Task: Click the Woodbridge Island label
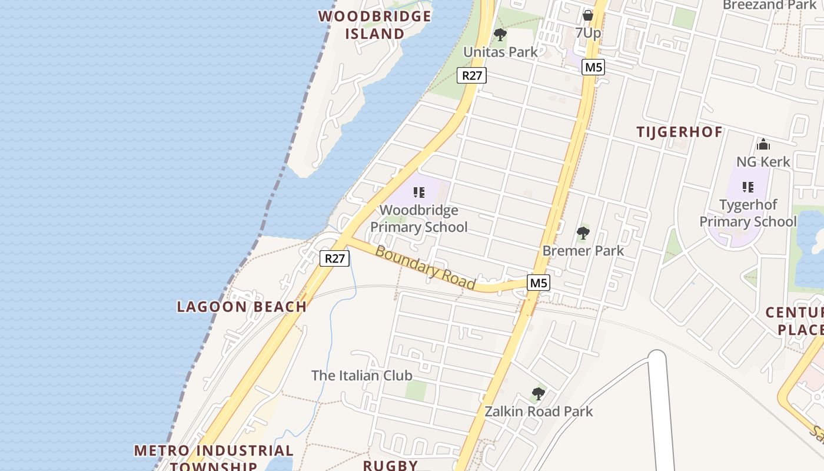coord(375,25)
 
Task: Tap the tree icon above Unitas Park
coord(500,35)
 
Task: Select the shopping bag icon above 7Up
coord(587,15)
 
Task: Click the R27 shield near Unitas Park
coord(472,75)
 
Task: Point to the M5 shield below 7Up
coord(593,67)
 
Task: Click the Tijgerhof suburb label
coord(679,132)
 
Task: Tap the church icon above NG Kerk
coord(763,144)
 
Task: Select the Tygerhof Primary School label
coord(748,213)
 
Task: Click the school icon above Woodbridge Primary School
coord(419,193)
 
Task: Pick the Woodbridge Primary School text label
coord(419,218)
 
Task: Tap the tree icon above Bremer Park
coord(583,233)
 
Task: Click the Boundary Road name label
coord(425,267)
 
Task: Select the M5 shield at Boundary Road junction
coord(539,283)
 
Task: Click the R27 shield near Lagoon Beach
coord(334,258)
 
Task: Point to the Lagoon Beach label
coord(242,306)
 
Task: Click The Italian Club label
coord(361,375)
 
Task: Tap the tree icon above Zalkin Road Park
coord(538,393)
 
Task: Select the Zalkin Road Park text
coord(539,411)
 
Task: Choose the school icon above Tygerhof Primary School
coord(748,187)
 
